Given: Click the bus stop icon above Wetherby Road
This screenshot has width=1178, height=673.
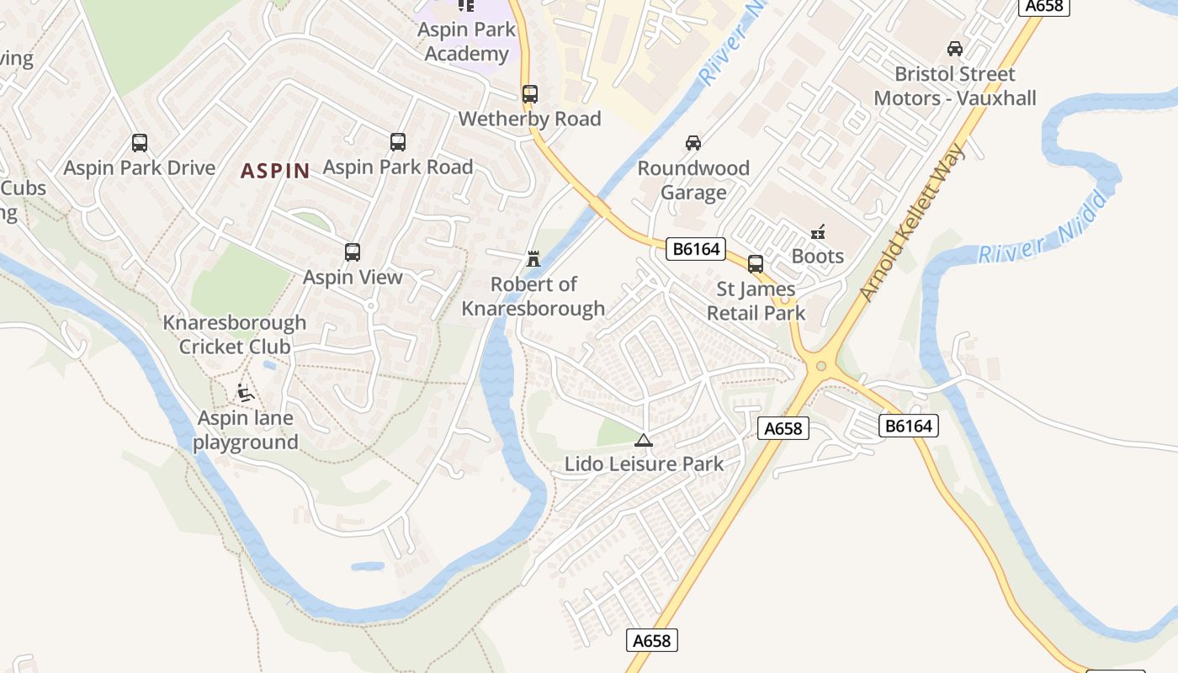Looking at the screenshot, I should [x=529, y=94].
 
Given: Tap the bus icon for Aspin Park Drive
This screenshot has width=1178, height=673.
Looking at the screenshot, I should [x=140, y=143].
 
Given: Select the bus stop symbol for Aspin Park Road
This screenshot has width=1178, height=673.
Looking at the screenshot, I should [x=398, y=142].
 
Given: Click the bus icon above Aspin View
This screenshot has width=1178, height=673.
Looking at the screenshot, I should [x=353, y=252].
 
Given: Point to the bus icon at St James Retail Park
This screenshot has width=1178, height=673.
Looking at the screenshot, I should [x=756, y=264].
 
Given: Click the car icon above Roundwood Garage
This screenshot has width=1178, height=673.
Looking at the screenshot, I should [x=692, y=143].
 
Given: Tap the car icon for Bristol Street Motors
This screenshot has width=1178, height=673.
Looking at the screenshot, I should [x=954, y=49].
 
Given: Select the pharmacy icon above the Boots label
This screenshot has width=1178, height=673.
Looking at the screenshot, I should [x=817, y=231].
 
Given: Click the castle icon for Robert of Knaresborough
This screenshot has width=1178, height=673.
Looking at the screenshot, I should [x=533, y=259].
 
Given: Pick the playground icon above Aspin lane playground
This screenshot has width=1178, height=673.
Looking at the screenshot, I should [x=245, y=393].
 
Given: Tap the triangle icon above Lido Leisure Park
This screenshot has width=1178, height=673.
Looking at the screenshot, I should [x=644, y=440].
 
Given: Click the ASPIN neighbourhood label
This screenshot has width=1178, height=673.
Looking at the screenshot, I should [x=275, y=171].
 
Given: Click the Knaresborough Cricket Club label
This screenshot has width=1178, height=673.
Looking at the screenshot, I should [x=234, y=335].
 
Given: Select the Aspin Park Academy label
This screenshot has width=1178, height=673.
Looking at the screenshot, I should [x=466, y=42].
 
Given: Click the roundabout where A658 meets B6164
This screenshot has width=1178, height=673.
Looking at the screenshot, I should [x=820, y=367].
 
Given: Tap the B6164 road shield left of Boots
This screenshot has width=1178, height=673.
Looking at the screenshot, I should [x=695, y=249].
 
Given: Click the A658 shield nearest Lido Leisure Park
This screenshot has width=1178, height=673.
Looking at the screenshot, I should [x=783, y=429].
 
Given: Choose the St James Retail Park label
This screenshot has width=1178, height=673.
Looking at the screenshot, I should [x=756, y=301].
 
